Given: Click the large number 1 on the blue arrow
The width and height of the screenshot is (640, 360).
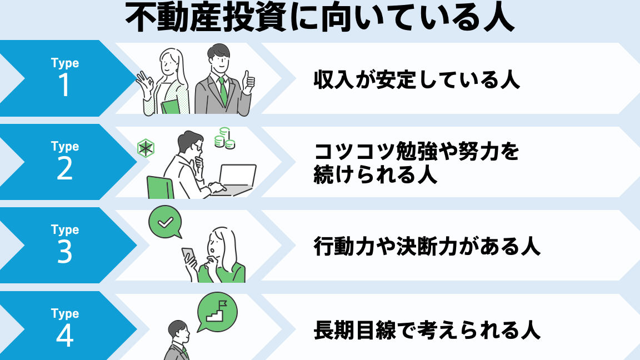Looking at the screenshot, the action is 64,85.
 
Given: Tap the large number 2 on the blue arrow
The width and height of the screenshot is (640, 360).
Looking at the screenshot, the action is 65,168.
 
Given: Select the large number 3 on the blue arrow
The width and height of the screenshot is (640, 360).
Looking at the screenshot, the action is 65,252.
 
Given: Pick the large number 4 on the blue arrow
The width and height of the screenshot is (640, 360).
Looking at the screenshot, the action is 65,336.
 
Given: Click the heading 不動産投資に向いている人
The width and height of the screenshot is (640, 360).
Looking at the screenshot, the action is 319,18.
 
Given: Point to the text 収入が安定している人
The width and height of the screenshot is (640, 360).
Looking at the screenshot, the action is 417,79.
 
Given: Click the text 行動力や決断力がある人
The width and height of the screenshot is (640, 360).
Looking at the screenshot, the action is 427,247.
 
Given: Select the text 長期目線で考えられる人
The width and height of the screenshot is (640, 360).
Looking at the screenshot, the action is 427,330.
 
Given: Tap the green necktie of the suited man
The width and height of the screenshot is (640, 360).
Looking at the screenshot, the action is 223,92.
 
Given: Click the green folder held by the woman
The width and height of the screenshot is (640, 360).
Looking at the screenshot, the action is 170,107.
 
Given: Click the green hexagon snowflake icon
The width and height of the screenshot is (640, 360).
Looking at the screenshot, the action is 146,148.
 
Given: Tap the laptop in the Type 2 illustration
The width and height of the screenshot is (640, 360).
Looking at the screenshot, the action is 234,179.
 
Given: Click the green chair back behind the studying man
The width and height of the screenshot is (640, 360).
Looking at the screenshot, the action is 160,188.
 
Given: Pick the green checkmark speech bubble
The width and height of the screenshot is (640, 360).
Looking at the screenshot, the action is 165,222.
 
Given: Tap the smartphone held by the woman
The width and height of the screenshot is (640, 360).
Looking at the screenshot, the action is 188,256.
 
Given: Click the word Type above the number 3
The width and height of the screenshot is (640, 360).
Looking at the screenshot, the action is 65,230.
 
